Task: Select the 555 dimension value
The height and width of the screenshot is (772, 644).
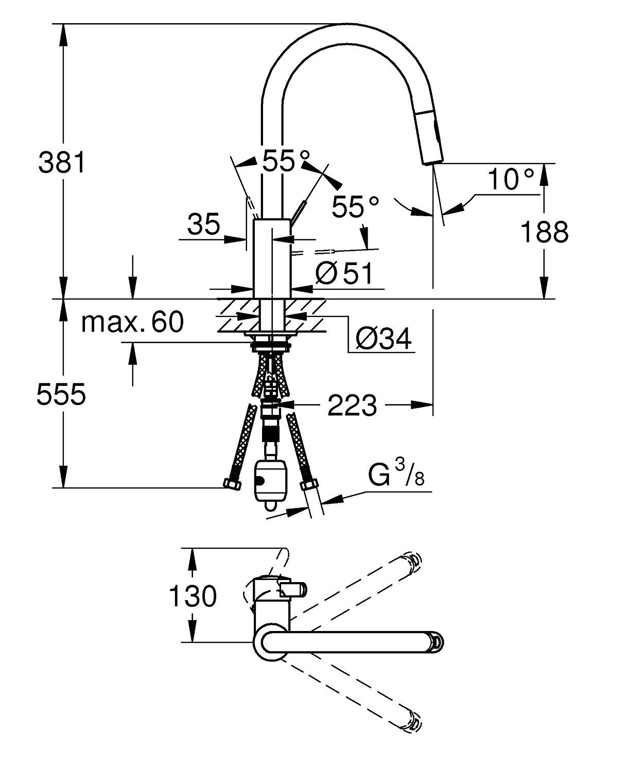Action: (61, 395)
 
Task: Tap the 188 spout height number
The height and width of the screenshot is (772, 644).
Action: (545, 232)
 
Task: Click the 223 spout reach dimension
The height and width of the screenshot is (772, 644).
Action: (352, 406)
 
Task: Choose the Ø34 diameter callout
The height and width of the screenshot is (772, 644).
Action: (384, 339)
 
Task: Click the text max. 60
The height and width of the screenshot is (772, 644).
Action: (132, 323)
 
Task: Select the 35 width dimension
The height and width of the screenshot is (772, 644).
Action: (203, 224)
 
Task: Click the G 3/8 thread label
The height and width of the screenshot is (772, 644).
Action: (396, 477)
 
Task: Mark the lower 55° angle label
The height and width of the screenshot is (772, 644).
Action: (355, 207)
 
